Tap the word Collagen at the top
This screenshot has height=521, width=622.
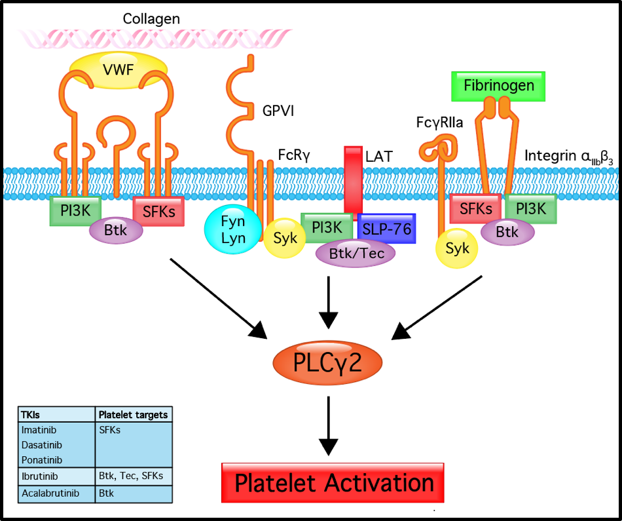coord(151,18)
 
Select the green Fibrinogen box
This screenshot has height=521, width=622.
coord(499,86)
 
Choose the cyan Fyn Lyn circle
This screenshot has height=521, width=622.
coord(233,229)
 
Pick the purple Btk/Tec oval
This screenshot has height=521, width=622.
coord(356,254)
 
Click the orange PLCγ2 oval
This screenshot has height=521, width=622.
coord(326,362)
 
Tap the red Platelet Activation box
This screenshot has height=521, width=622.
coord(333,483)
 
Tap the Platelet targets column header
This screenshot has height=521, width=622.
coord(133,414)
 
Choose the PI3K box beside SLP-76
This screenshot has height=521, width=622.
coord(327,227)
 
